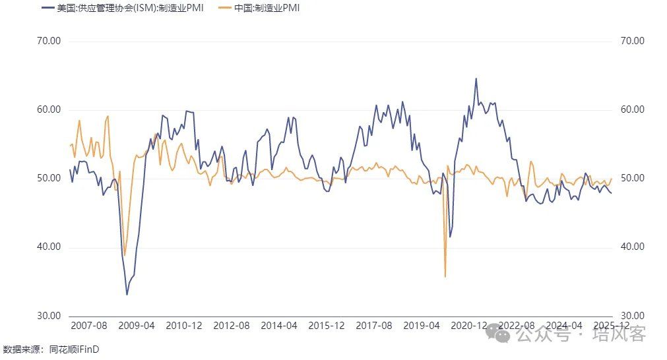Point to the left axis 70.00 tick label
[x=49, y=41]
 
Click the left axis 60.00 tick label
[x=49, y=109]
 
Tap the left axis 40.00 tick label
[x=49, y=247]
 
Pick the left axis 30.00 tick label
[x=49, y=316]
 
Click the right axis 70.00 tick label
[x=632, y=41]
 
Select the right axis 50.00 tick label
[x=632, y=178]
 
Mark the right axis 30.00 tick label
[x=632, y=316]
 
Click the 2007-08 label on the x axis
[x=88, y=326]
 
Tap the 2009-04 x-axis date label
[x=137, y=326]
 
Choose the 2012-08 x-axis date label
[x=232, y=326]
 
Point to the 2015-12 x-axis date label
[x=327, y=326]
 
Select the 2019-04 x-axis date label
[x=422, y=326]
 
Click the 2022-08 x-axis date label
[x=517, y=326]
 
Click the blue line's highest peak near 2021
[x=476, y=78]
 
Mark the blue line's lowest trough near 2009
[x=127, y=294]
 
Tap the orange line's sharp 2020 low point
[x=445, y=276]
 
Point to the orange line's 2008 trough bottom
[x=125, y=255]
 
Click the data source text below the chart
[x=51, y=349]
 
